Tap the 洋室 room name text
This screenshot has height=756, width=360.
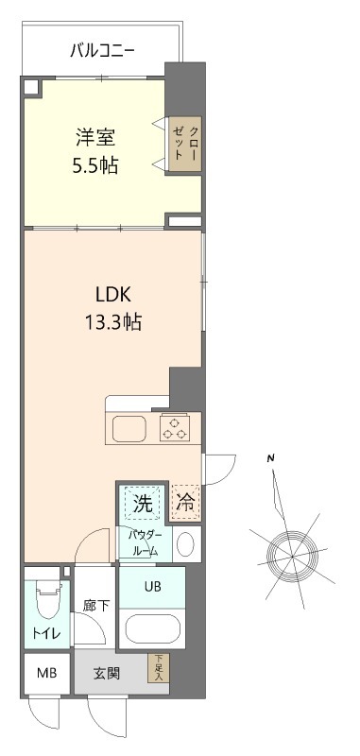click(97, 135)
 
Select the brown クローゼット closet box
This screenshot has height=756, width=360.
click(184, 143)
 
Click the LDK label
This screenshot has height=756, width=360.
click(111, 293)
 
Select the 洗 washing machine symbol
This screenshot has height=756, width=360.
click(142, 504)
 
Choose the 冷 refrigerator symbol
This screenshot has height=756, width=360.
click(186, 504)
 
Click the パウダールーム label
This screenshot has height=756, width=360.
click(146, 543)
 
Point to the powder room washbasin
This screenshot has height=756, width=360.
click(186, 543)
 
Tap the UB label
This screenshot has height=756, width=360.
click(153, 586)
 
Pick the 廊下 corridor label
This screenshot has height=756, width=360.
click(95, 605)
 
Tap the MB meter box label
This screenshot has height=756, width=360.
click(45, 674)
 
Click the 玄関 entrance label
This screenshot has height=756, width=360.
click(106, 674)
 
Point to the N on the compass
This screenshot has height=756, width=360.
click(271, 459)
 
